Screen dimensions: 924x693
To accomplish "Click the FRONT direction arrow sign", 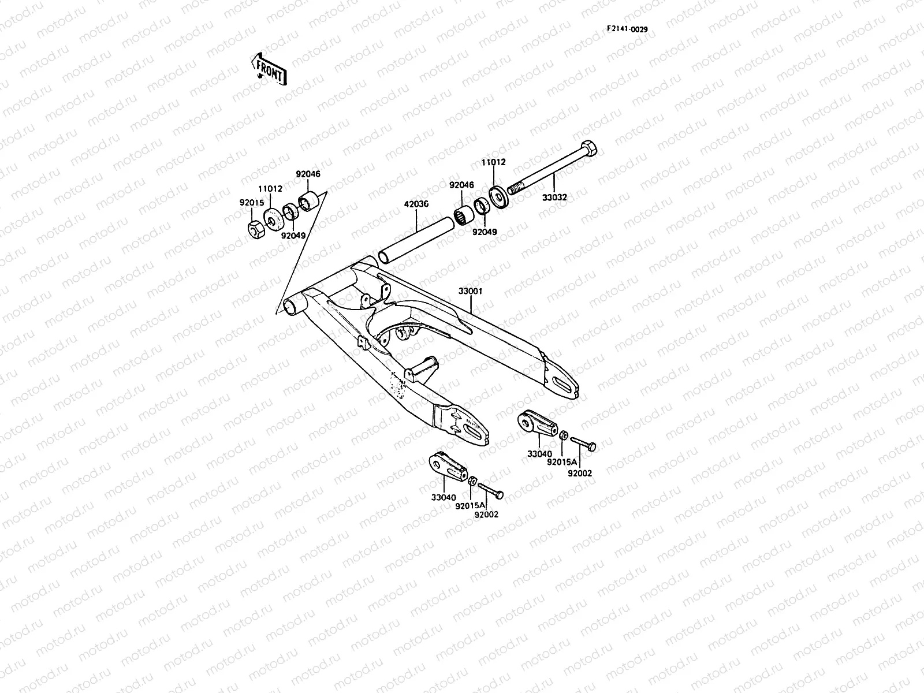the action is [269, 69].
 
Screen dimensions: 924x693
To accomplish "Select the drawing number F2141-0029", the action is [627, 29].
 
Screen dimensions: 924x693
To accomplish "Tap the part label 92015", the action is [252, 202].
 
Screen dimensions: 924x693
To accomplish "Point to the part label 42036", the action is [416, 204].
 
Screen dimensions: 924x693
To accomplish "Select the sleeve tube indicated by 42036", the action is [416, 240].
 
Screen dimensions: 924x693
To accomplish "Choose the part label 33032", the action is [554, 198].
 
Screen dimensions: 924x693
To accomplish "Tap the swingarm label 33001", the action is [471, 291].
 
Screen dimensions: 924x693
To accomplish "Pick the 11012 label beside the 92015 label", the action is [270, 188].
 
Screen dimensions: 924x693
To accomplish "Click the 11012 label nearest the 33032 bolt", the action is [494, 162].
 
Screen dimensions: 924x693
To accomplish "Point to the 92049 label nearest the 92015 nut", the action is [293, 236].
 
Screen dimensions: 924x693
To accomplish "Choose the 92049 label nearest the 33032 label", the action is [485, 232].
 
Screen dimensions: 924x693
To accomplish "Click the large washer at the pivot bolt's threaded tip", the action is [499, 196].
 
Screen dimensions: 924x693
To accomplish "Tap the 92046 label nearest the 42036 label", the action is [461, 185].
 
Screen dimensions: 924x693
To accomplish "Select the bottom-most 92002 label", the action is [486, 514].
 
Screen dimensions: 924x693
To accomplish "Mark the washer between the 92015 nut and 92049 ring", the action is [273, 219].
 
